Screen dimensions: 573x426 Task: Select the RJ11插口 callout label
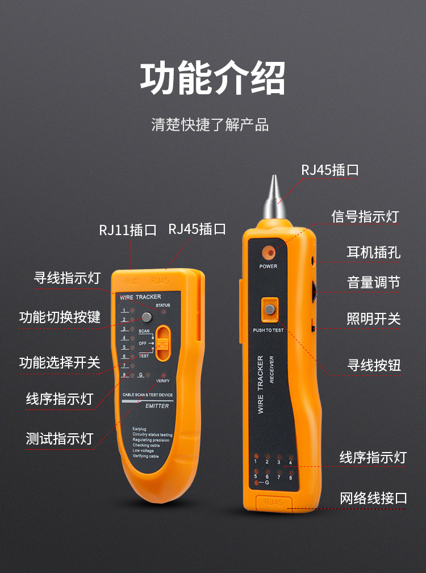tap(127, 230)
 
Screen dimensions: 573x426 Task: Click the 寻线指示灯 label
tap(67, 278)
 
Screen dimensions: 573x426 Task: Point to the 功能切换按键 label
tap(60, 317)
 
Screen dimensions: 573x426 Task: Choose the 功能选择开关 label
tap(60, 362)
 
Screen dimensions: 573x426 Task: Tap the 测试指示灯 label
tap(59, 438)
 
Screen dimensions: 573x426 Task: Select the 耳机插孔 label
tap(373, 252)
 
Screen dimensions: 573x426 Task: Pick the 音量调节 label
tap(373, 282)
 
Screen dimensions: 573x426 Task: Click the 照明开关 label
tap(373, 319)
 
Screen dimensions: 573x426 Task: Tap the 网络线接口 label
tap(373, 499)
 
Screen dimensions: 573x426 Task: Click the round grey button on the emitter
tap(147, 317)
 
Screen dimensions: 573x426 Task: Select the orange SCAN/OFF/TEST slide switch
tap(163, 343)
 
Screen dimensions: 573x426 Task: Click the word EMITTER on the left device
tap(157, 406)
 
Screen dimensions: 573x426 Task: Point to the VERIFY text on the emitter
tap(163, 380)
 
